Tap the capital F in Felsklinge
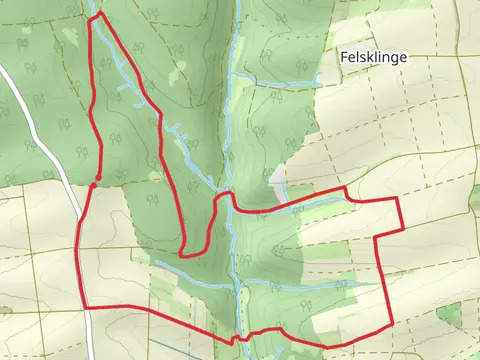pyautogui.click(x=344, y=58)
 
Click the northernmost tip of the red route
pyautogui.click(x=98, y=13)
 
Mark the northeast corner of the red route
pyautogui.click(x=399, y=199)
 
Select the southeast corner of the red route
pyautogui.click(x=389, y=323)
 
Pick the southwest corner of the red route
pyautogui.click(x=82, y=306)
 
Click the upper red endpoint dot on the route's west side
pyautogui.click(x=98, y=150)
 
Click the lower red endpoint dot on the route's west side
pyautogui.click(x=92, y=184)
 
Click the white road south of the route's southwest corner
pyautogui.click(x=87, y=335)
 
